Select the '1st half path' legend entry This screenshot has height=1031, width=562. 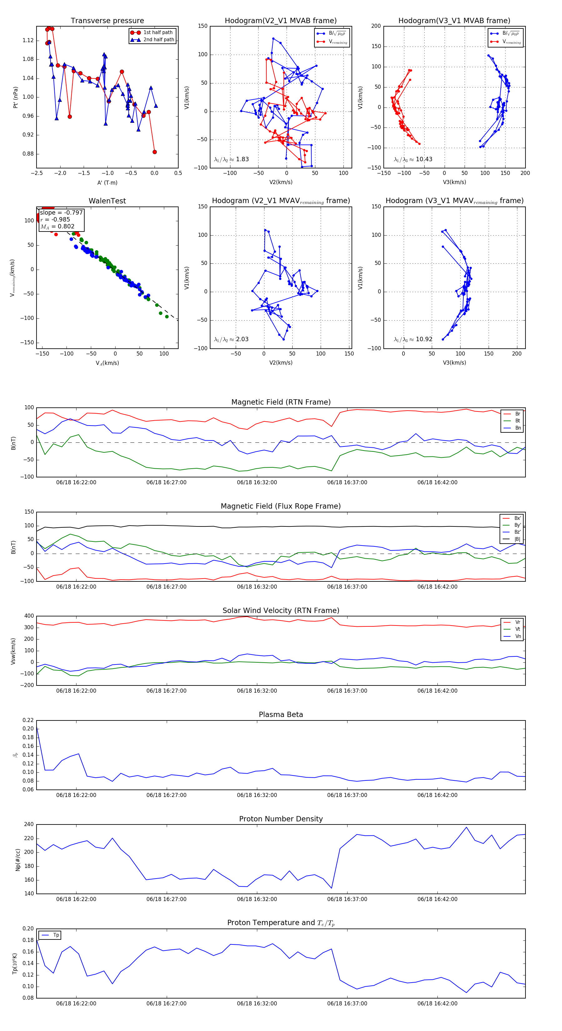click(158, 32)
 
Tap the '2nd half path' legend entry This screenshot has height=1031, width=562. click(158, 40)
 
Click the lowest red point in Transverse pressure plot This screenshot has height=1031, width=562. click(155, 152)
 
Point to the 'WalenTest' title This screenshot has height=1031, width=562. click(107, 201)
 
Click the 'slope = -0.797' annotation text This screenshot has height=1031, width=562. click(61, 212)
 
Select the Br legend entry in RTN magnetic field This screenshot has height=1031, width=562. click(517, 414)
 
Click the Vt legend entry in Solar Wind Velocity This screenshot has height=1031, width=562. click(518, 629)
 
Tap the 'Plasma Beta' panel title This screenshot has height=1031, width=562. click(281, 715)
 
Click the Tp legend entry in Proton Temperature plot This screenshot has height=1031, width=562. click(56, 935)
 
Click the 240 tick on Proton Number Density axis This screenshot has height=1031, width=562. click(29, 824)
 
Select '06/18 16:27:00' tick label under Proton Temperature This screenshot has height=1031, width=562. click(166, 1004)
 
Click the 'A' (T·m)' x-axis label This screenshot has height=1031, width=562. click(107, 183)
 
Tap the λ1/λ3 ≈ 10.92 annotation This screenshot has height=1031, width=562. click(413, 339)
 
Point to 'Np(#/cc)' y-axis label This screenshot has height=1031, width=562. click(17, 860)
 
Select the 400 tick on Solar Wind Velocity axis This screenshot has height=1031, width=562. click(29, 616)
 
